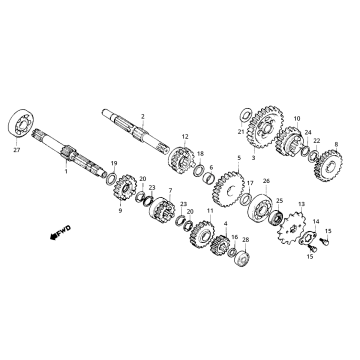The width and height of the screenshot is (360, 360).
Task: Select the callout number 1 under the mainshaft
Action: coord(65,173)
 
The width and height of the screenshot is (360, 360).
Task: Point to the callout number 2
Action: coord(143,116)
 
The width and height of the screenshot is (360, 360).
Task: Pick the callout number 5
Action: coord(238,157)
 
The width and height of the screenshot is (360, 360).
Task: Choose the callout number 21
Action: coord(241,132)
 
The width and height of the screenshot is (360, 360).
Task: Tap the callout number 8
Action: coord(336,144)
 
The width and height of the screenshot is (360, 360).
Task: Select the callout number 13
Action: coord(297,203)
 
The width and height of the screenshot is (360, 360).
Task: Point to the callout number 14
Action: coord(317,222)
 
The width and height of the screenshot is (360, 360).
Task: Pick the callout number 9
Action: coord(119,211)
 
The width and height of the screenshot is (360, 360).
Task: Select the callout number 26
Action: coord(266,181)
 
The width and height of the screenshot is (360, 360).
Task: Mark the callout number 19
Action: coord(113,163)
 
